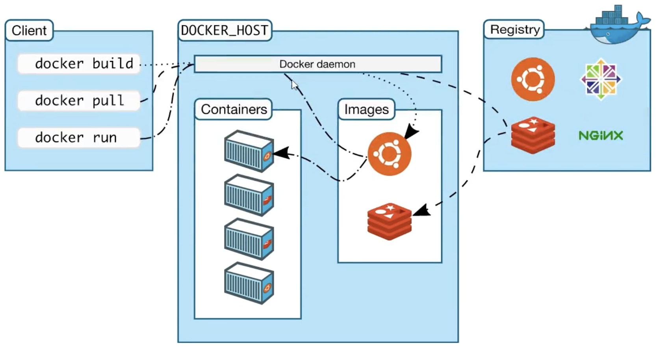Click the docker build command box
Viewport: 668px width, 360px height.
coord(79,64)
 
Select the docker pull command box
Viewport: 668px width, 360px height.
coord(79,101)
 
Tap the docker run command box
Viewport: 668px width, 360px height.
coord(79,138)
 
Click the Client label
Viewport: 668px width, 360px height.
coord(29,30)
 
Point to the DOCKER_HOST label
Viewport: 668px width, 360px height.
coord(225,30)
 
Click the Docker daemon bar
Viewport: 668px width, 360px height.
coord(317,64)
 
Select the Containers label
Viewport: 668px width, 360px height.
coord(234,109)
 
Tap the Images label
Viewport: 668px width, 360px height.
coord(366,109)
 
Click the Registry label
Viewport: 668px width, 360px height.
coord(514,30)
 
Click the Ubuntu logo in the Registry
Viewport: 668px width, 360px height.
coord(533,79)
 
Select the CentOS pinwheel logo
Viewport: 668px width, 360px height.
coord(601,79)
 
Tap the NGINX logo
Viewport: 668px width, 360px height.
coord(601,136)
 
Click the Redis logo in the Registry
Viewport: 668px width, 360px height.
coord(533,135)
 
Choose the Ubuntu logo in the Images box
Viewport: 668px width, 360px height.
coord(389,154)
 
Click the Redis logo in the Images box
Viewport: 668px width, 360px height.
coord(389,221)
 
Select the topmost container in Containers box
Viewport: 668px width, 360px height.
coord(249,151)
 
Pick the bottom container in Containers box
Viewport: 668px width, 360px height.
coord(249,283)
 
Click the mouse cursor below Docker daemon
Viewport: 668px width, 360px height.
coord(294,84)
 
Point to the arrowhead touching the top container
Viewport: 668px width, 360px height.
coord(280,153)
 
